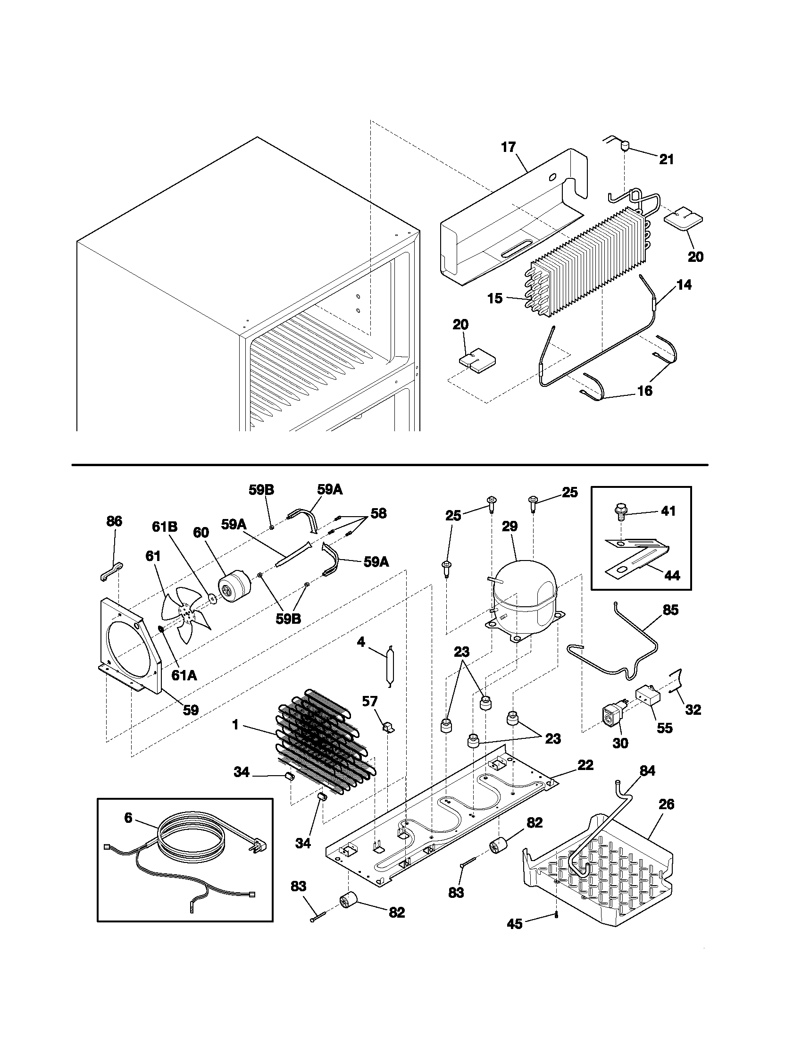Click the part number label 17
[509, 147]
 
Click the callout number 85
[670, 610]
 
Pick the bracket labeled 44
[637, 556]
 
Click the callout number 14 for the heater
[684, 285]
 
